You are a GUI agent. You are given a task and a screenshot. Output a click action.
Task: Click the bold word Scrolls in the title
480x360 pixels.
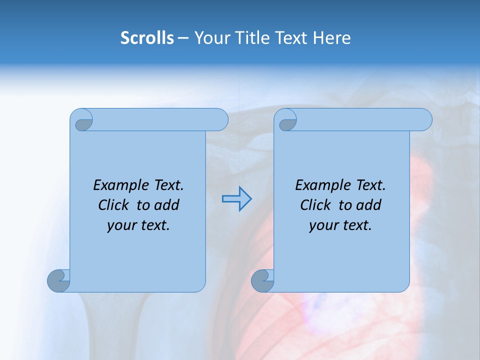tap(147, 38)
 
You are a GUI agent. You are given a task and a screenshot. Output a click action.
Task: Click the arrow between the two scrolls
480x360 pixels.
tap(236, 199)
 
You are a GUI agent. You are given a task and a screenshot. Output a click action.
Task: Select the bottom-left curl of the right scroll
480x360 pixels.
tap(262, 280)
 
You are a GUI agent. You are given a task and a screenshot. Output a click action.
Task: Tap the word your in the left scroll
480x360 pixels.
tap(121, 225)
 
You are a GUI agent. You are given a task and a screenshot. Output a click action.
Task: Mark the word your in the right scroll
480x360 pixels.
tap(323, 225)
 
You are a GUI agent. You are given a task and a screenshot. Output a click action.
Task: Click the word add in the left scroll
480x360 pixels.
tap(166, 205)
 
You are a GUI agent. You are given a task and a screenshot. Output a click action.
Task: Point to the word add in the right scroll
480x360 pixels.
tap(368, 205)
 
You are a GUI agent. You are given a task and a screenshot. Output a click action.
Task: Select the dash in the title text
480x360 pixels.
tap(183, 38)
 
